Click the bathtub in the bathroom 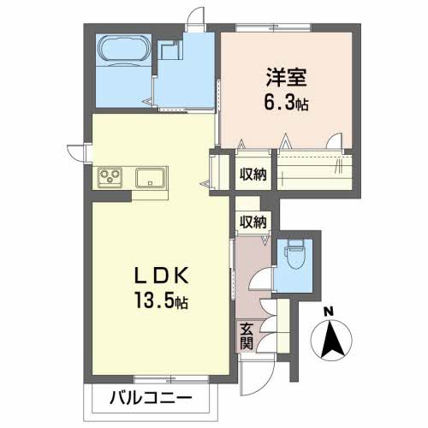click(125, 48)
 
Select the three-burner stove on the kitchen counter click(110, 177)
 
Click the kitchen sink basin click(150, 177)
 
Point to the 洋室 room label click(286, 78)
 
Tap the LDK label click(162, 276)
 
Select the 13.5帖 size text click(162, 301)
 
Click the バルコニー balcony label click(151, 398)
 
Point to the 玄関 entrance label click(247, 337)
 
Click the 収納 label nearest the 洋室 click(253, 175)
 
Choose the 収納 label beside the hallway click(253, 222)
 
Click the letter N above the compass click(330, 312)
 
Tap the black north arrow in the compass click(332, 340)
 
